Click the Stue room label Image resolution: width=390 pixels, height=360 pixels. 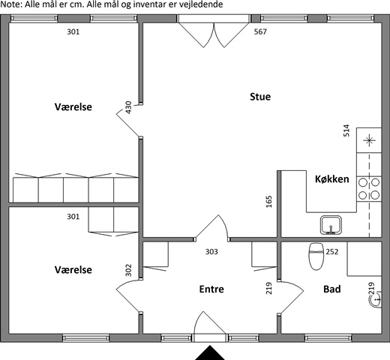tap(260, 97)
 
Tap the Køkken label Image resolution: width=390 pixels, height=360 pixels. tap(332, 179)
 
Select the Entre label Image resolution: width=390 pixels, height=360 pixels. tap(211, 289)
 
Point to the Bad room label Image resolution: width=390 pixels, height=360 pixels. tap(332, 289)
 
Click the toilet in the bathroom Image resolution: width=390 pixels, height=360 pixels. tap(316, 256)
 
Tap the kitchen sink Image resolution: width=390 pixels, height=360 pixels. tap(331, 225)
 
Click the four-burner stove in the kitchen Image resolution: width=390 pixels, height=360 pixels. tap(369, 189)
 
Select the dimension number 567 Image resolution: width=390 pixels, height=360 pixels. tap(260, 31)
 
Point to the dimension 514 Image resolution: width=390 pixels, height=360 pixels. tap(346, 130)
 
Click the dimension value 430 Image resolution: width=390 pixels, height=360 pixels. tap(128, 107)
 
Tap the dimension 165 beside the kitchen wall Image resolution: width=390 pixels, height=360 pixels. tap(268, 202)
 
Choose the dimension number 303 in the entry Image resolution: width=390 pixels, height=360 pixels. tap(211, 251)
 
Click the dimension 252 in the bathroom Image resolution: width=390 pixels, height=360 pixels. tap(332, 251)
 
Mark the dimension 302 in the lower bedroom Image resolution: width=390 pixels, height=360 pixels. tap(128, 270)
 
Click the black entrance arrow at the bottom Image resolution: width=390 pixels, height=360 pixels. tap(210, 352)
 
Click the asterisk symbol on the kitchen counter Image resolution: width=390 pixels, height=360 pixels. tap(369, 140)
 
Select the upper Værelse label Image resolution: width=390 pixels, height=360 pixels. tap(73, 107)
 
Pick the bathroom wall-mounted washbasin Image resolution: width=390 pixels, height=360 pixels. tap(376, 298)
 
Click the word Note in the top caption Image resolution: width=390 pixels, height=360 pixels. tap(10, 4)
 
